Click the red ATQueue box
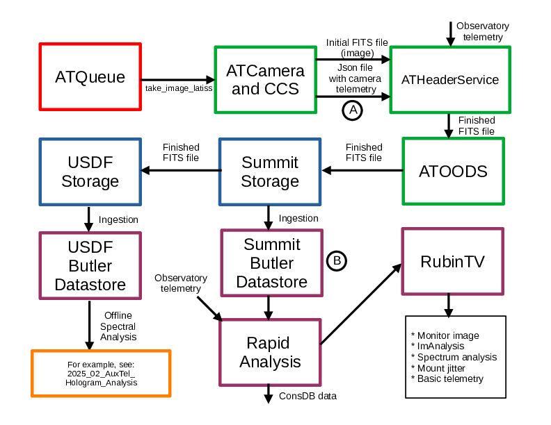click(x=90, y=76)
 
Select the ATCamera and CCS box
click(x=265, y=80)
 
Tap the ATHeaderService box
click(x=450, y=80)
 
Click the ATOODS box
click(x=453, y=171)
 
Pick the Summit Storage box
click(x=270, y=172)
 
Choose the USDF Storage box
click(x=90, y=172)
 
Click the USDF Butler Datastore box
click(x=90, y=265)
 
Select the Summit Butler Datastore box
click(x=271, y=263)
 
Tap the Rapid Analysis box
click(x=270, y=352)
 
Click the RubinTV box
click(x=452, y=261)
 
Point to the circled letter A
click(x=353, y=110)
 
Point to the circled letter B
click(x=337, y=260)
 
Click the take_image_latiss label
click(x=179, y=89)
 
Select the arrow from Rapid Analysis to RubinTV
click(x=361, y=303)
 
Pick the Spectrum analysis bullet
click(x=454, y=357)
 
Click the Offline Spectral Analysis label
click(x=118, y=326)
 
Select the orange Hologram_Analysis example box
click(x=101, y=373)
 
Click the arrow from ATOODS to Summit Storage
click(x=362, y=171)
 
